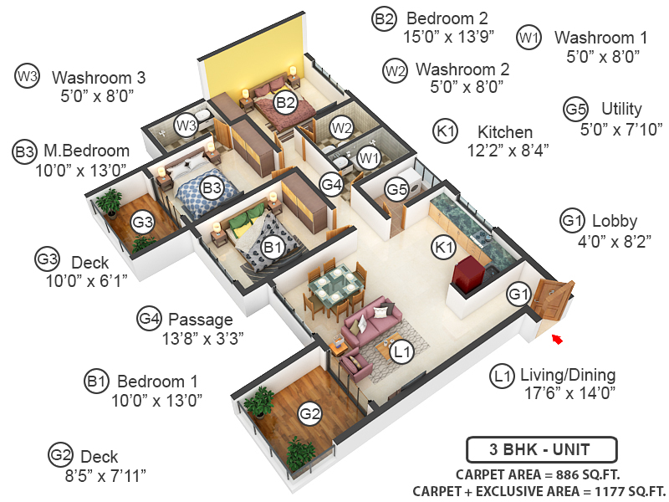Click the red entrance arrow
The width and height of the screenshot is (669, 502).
[556, 338]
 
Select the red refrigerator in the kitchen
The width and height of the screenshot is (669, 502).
[469, 273]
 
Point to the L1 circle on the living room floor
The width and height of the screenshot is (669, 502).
[403, 352]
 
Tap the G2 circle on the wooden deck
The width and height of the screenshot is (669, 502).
[310, 413]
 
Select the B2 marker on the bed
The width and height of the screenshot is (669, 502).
[286, 104]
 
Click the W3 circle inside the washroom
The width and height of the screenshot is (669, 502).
[186, 125]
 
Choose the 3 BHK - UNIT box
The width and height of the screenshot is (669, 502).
[541, 449]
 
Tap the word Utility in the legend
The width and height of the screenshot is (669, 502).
[621, 110]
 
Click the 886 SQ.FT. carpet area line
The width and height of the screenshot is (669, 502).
[544, 474]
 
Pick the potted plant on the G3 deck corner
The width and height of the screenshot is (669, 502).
[108, 201]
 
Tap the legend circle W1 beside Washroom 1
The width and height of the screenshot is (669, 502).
[529, 38]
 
